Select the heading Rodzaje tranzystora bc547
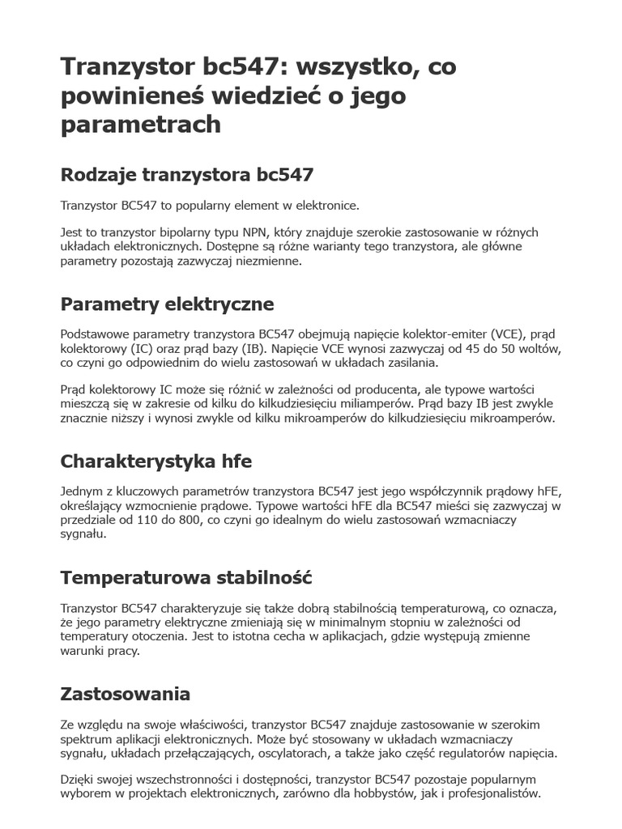(x=187, y=175)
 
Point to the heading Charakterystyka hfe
(x=156, y=461)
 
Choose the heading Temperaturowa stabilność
(x=186, y=579)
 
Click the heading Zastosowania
(x=126, y=694)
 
